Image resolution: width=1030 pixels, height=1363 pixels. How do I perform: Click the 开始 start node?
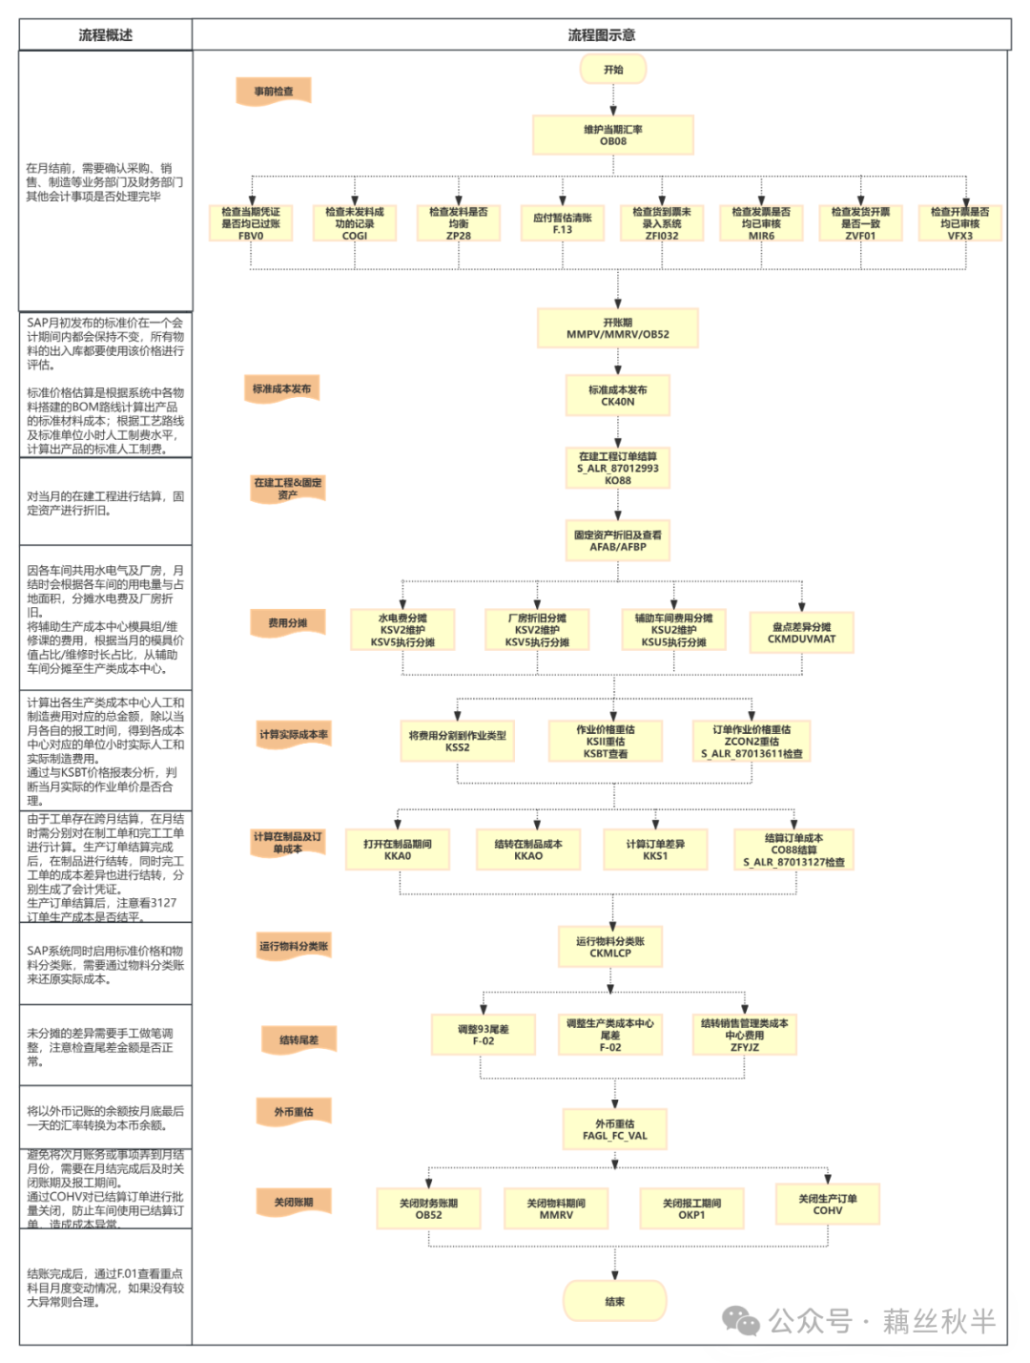tap(613, 70)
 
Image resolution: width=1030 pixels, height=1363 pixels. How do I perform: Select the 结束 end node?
tap(614, 1301)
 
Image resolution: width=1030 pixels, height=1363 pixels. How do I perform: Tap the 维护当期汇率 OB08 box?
tap(613, 135)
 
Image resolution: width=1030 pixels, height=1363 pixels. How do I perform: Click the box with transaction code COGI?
tap(355, 223)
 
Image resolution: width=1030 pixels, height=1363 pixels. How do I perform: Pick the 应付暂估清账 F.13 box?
tap(563, 223)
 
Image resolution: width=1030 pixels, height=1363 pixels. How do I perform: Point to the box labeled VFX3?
tap(959, 223)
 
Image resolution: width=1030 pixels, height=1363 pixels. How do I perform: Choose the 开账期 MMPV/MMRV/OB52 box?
tap(618, 328)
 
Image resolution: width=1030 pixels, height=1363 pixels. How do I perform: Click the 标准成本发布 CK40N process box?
tap(617, 395)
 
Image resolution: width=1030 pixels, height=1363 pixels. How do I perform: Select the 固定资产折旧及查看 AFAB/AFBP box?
tap(617, 540)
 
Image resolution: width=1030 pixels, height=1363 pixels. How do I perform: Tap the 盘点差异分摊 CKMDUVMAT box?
tap(801, 633)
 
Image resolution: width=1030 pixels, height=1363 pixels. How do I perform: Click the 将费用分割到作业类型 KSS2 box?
tap(458, 741)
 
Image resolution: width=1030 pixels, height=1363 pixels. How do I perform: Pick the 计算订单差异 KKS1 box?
tap(655, 849)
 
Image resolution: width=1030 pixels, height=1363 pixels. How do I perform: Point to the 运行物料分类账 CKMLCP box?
tap(610, 946)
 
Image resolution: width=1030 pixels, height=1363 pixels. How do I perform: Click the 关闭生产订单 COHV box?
tap(827, 1204)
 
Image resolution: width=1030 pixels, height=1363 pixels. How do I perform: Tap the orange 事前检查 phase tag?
tap(274, 92)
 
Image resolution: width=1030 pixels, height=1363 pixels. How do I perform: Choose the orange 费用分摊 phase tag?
tap(288, 623)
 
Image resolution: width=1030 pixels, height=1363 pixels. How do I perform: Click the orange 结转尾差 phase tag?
tap(299, 1039)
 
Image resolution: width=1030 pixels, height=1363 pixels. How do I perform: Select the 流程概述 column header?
tap(106, 35)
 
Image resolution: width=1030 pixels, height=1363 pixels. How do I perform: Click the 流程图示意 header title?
tap(601, 35)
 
